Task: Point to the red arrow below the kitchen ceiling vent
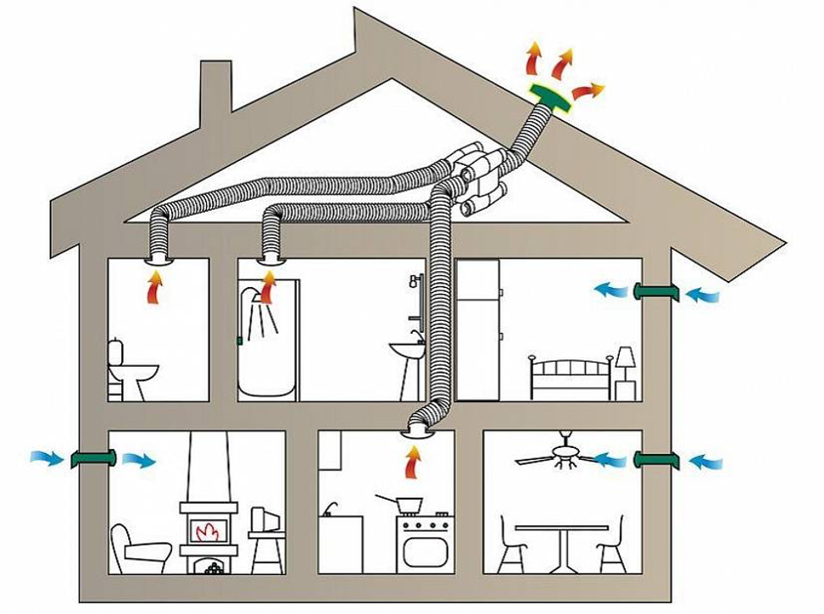[x=413, y=462]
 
